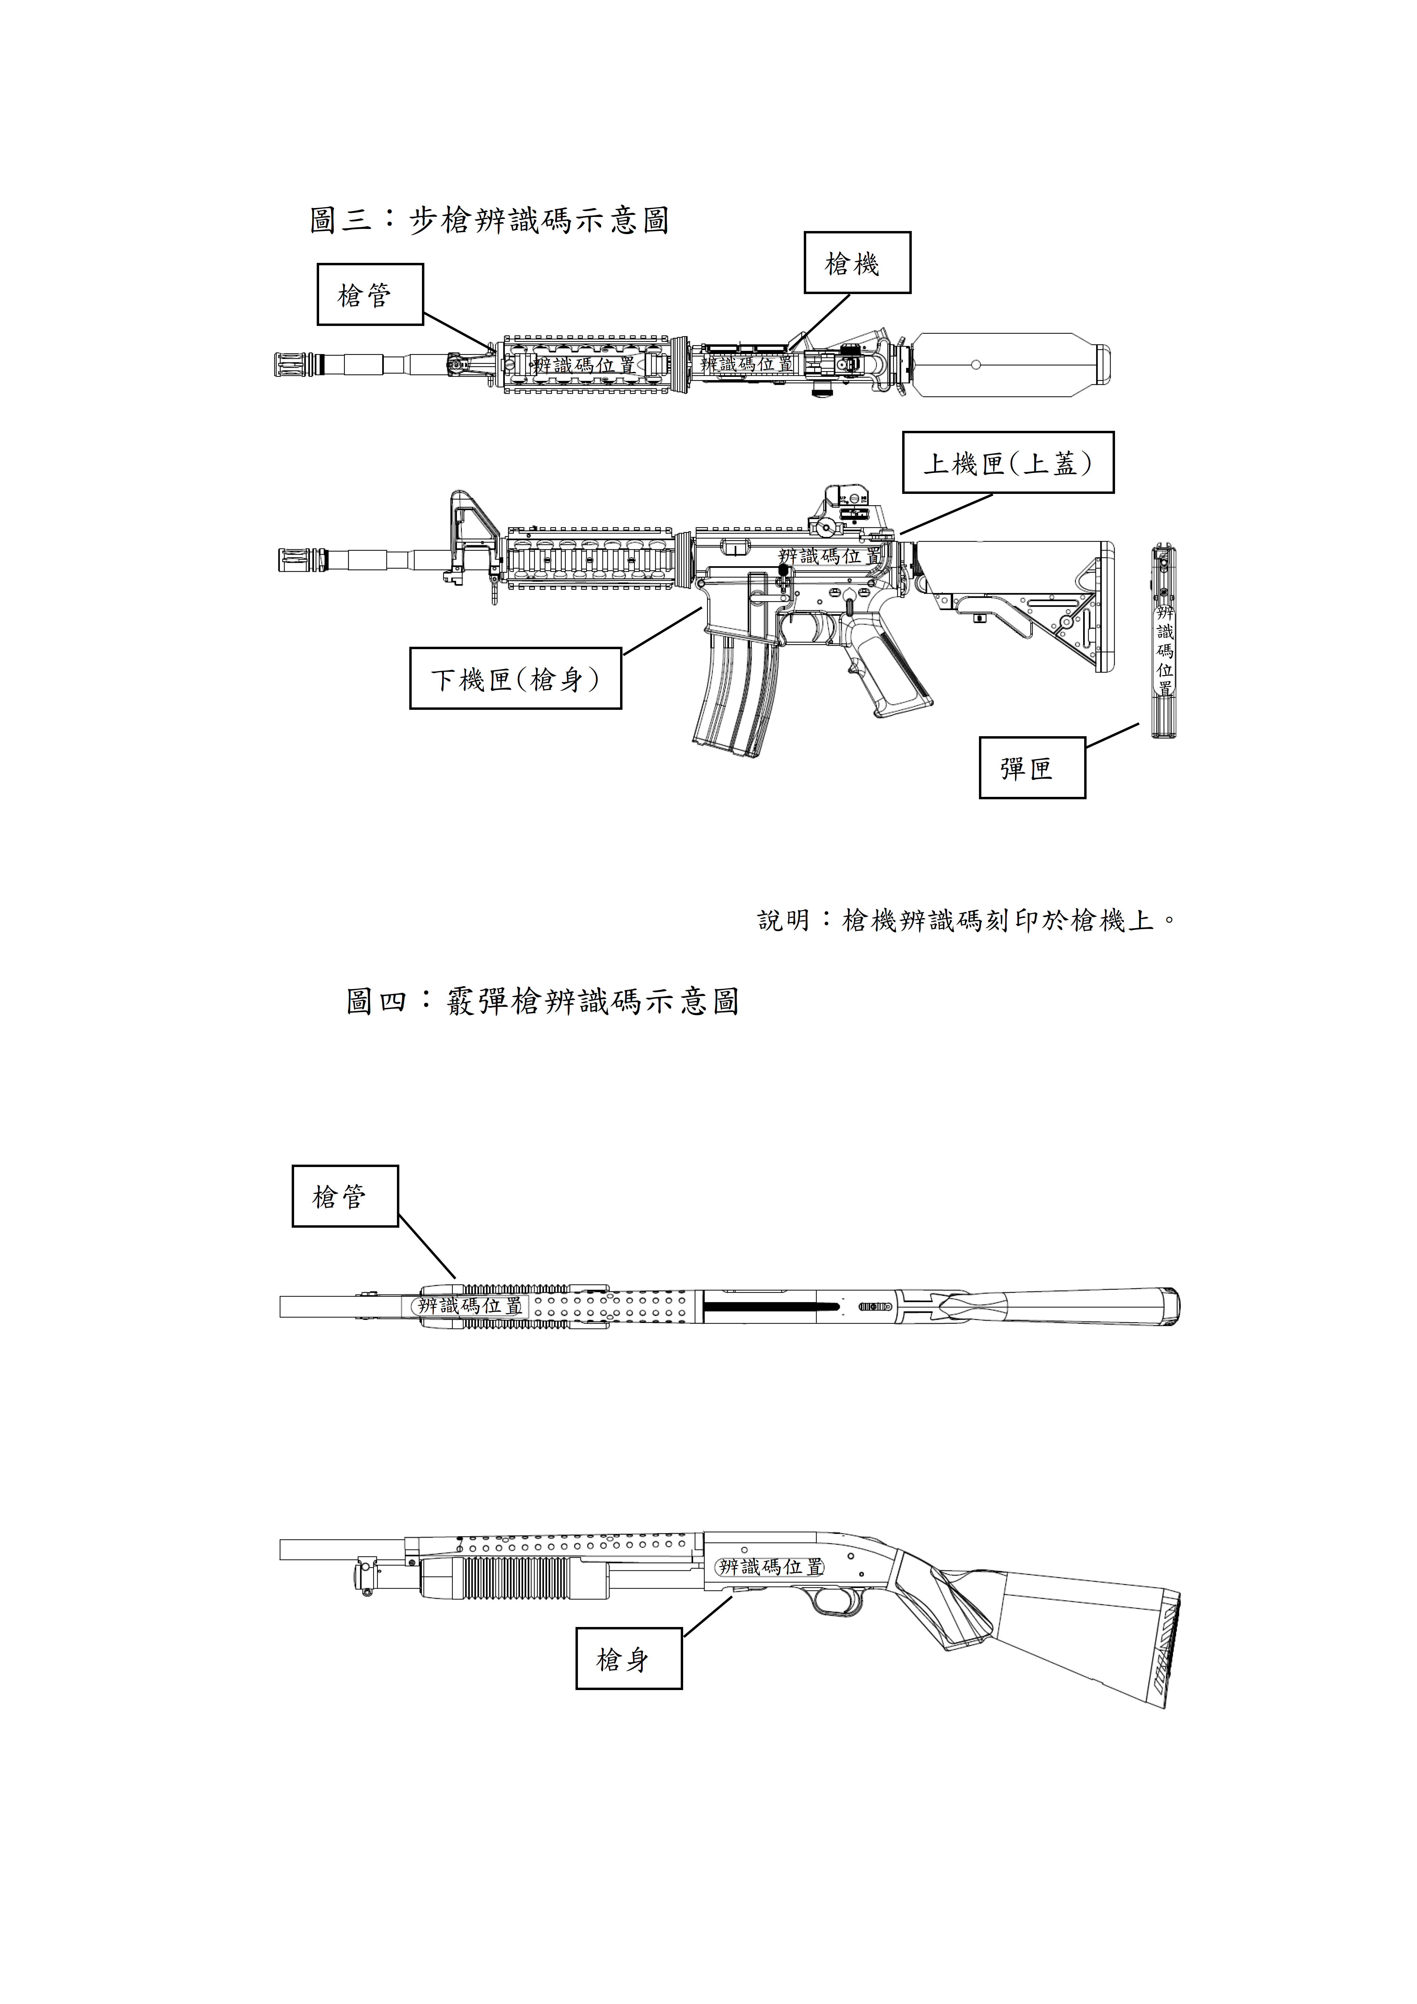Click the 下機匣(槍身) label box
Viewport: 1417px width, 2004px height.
coord(515,678)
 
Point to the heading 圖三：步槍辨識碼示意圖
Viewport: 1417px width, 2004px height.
coord(489,220)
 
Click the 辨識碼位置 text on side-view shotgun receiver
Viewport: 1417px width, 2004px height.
coord(770,1567)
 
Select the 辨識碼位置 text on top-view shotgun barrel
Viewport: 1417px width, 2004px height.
coord(470,1306)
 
